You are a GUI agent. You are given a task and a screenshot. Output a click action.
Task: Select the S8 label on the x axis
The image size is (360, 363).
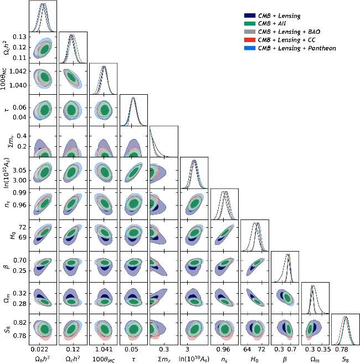[345, 359]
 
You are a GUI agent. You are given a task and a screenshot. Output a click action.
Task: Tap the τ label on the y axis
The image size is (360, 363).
[8, 111]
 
